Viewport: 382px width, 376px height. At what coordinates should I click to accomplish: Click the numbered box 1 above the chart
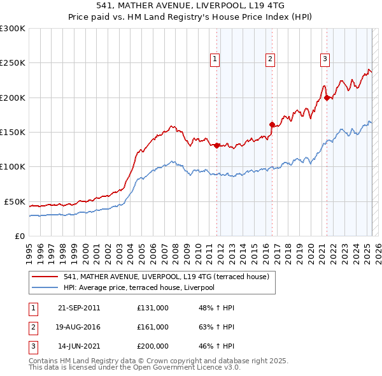pyautogui.click(x=215, y=59)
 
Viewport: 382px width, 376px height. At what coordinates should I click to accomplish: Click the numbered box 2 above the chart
pyautogui.click(x=270, y=59)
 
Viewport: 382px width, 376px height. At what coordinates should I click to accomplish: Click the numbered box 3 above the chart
pyautogui.click(x=325, y=59)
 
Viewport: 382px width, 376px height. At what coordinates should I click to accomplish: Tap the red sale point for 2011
pyautogui.click(x=217, y=145)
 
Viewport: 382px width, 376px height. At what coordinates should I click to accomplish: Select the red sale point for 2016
pyautogui.click(x=272, y=124)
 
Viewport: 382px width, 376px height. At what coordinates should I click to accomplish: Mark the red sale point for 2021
pyautogui.click(x=327, y=98)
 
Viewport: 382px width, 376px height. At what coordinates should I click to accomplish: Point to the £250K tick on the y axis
pyautogui.click(x=13, y=63)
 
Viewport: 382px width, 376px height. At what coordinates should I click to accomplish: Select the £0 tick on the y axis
pyautogui.click(x=19, y=236)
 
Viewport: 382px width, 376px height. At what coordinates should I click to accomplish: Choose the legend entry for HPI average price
pyautogui.click(x=139, y=288)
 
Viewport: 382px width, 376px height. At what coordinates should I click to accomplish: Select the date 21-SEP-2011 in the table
pyautogui.click(x=79, y=308)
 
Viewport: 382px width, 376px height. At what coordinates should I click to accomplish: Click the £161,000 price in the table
pyautogui.click(x=153, y=327)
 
